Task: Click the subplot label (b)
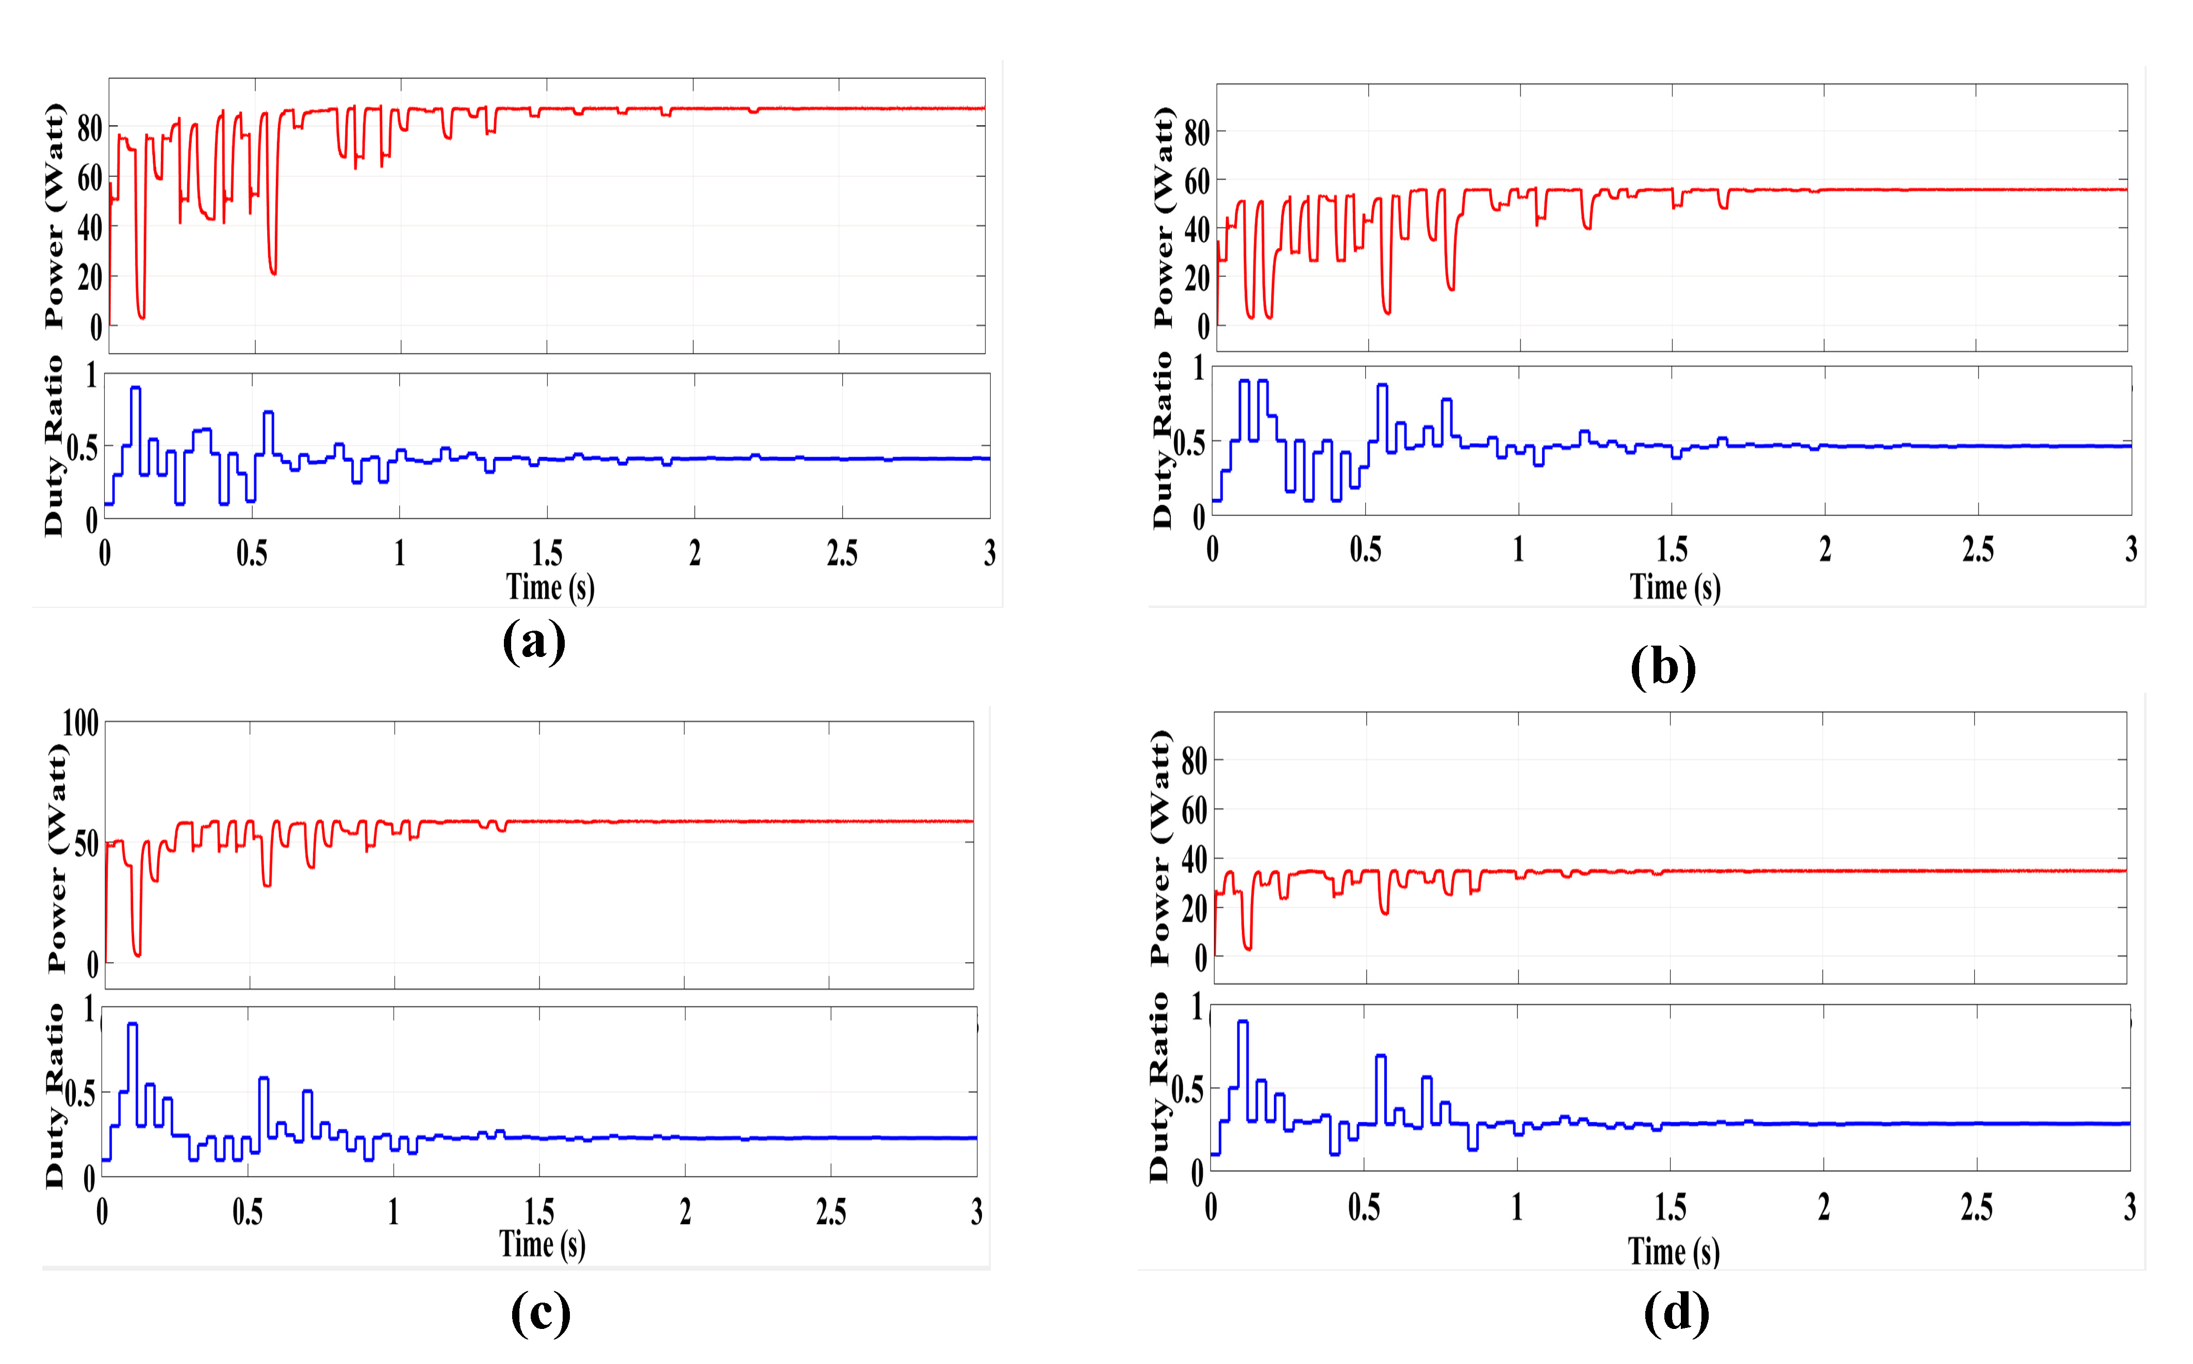click(1663, 668)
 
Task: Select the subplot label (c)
click(541, 1312)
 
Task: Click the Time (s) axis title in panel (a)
click(549, 587)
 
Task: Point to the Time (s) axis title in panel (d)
click(1674, 1251)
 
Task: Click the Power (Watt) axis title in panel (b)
click(1164, 217)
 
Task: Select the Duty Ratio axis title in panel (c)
click(54, 1095)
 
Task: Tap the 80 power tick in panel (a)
click(89, 129)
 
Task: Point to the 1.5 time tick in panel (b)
click(1672, 549)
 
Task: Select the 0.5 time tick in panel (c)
click(247, 1211)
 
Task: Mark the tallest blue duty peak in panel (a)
click(135, 388)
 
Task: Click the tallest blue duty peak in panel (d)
click(1242, 1022)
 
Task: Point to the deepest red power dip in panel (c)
click(137, 954)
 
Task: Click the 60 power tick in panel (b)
click(1196, 182)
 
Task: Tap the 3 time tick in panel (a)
click(990, 553)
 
